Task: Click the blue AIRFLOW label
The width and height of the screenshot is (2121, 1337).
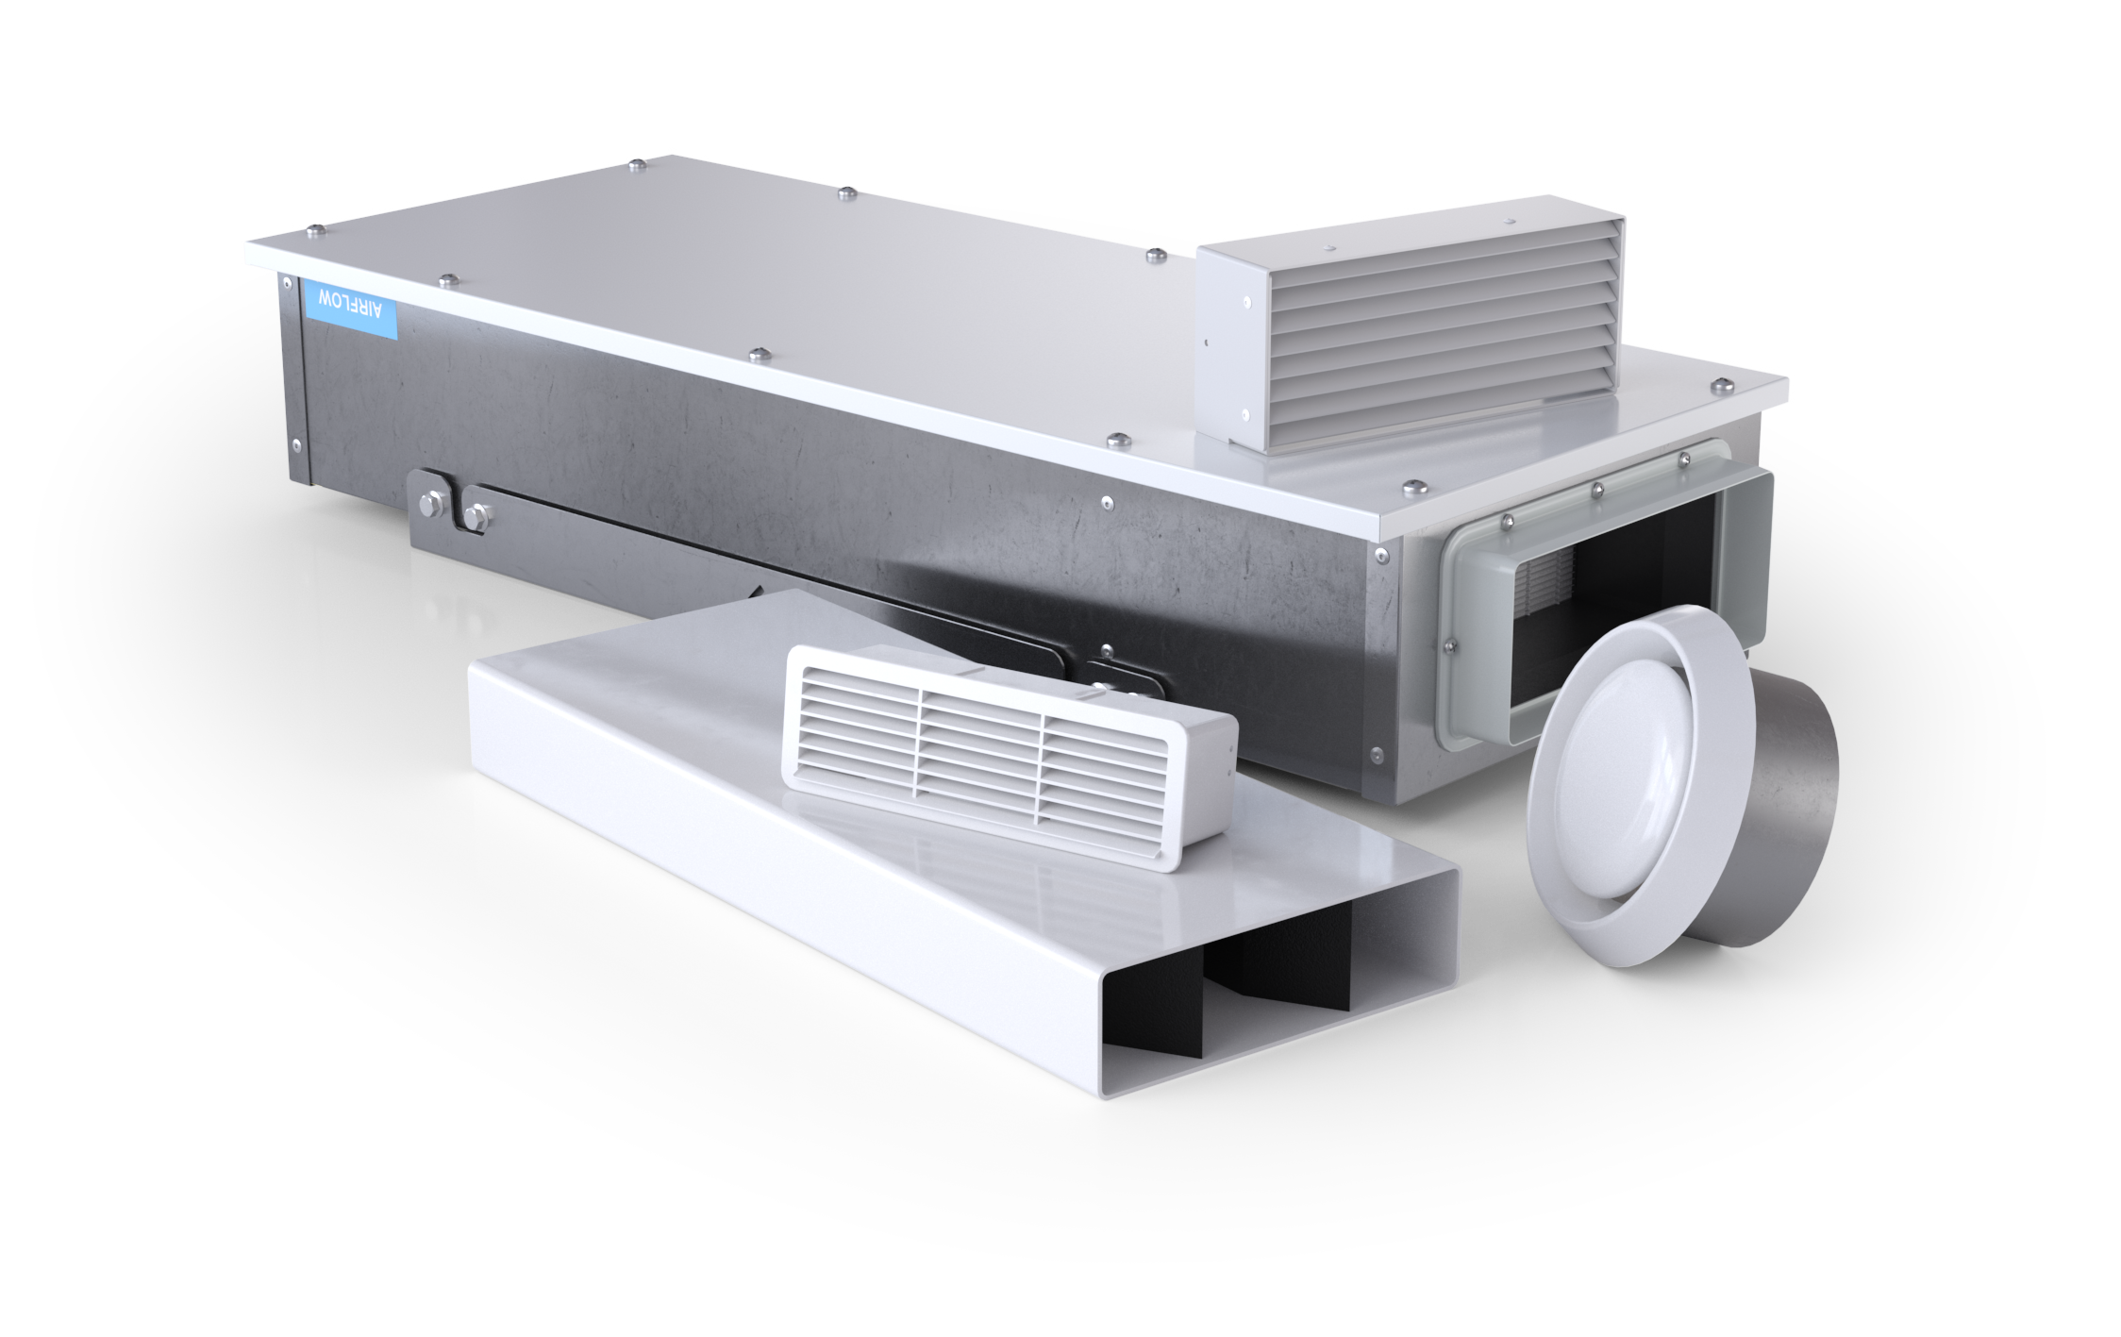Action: (351, 306)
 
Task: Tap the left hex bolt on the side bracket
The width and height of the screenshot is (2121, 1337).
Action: (429, 505)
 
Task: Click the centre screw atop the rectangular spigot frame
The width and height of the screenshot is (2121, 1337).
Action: (1597, 490)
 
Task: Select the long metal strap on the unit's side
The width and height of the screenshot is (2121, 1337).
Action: (755, 566)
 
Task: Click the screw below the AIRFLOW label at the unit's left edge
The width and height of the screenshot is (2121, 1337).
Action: (297, 443)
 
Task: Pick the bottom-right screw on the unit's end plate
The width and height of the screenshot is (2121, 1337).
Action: (1375, 754)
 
